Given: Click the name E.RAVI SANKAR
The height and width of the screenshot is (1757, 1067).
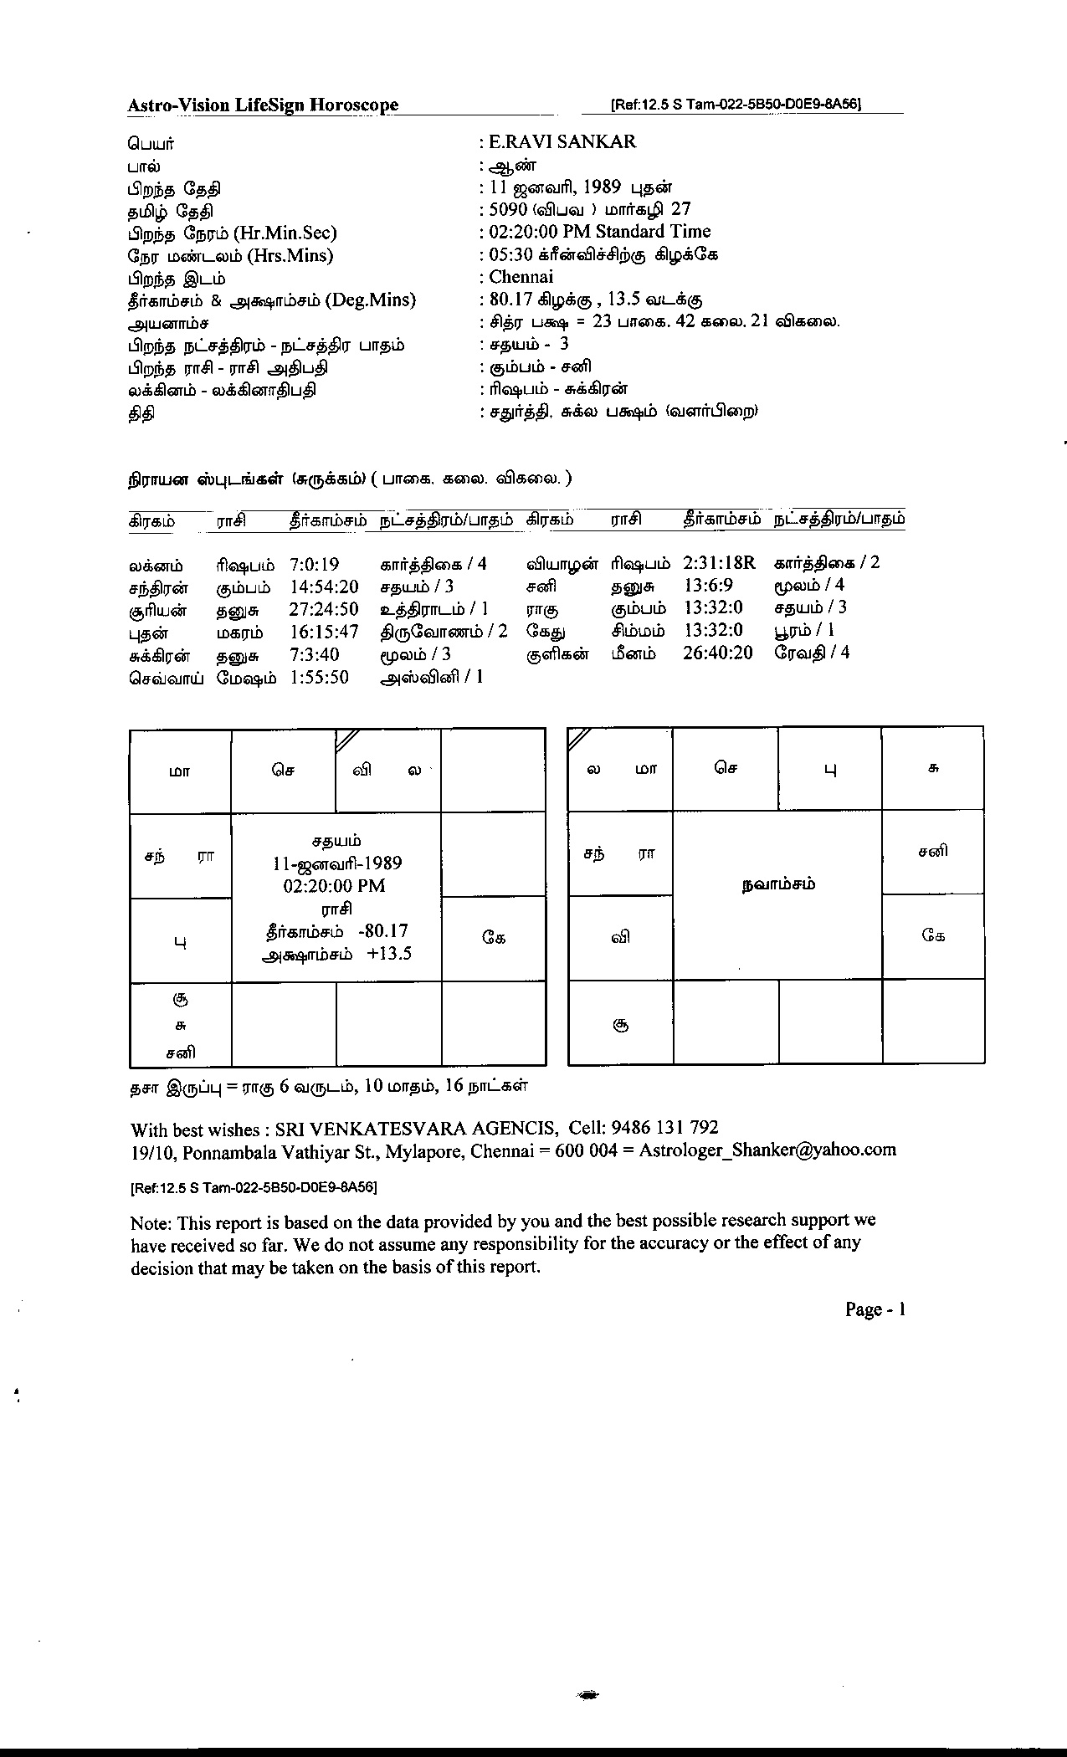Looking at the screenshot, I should [x=562, y=142].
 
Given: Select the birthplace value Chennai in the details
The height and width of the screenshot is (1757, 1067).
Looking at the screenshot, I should [x=521, y=277].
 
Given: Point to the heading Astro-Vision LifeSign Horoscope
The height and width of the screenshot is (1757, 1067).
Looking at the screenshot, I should [x=263, y=105].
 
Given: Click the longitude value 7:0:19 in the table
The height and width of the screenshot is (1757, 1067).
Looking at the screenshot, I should [x=314, y=565].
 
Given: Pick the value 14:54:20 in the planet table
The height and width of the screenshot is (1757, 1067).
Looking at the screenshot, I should [x=324, y=587].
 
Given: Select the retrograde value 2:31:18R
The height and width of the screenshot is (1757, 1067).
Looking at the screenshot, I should [x=719, y=563].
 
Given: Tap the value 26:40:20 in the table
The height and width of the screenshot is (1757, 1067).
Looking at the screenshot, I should [x=717, y=653].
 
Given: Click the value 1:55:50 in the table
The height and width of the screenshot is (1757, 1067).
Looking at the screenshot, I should [x=319, y=678].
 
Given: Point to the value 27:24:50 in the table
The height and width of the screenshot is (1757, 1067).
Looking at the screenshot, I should [x=324, y=610].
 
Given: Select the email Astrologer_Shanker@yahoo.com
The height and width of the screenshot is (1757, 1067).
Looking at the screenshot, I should [x=767, y=1150].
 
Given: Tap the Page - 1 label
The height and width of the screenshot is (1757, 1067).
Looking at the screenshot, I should [x=875, y=1310].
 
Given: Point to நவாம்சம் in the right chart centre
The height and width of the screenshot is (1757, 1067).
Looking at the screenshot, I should [x=778, y=884].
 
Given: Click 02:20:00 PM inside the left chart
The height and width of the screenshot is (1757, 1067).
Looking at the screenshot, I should [x=335, y=886].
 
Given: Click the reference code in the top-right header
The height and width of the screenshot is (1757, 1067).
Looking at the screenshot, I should [x=736, y=105].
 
